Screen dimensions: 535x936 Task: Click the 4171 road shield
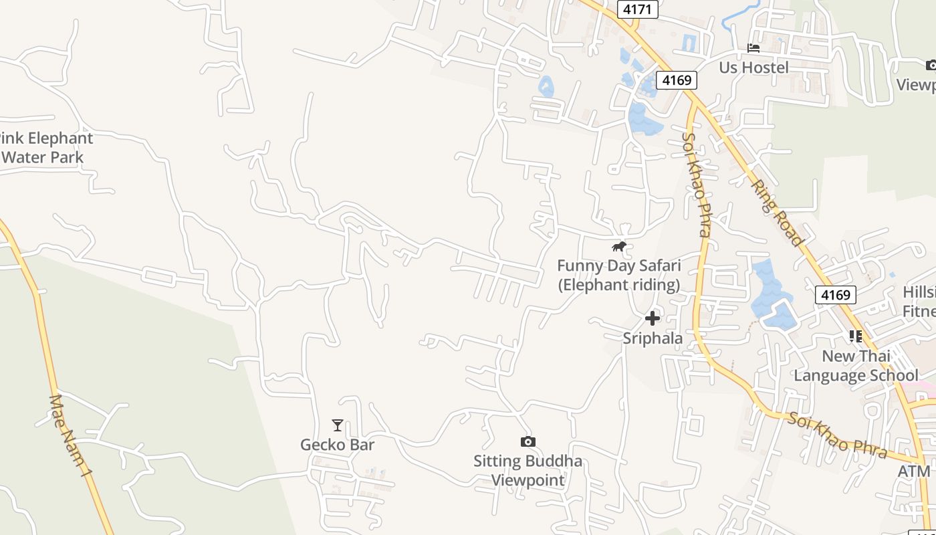[x=638, y=9]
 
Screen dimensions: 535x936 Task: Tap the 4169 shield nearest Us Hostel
[x=676, y=80]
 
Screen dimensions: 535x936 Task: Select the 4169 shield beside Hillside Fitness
[x=835, y=294]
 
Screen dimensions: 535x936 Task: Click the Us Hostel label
[x=753, y=67]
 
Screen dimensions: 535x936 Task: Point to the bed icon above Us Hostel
[x=753, y=48]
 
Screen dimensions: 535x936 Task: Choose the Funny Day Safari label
[x=618, y=275]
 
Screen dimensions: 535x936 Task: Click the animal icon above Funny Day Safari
[x=619, y=247]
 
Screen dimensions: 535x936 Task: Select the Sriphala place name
[x=653, y=338]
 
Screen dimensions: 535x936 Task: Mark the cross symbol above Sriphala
[x=653, y=318]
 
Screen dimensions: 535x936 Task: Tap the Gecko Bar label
[x=337, y=445]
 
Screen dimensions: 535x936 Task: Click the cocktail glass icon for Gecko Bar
[x=338, y=425]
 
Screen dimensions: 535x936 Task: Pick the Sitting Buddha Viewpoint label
[x=528, y=470]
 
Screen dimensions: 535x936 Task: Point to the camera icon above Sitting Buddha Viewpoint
[x=528, y=441]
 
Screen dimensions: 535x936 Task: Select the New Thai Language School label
[x=856, y=365]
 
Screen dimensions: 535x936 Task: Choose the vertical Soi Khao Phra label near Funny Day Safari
[x=695, y=185]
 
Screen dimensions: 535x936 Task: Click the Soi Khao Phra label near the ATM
[x=837, y=435]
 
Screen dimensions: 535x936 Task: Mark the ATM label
[x=913, y=471]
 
